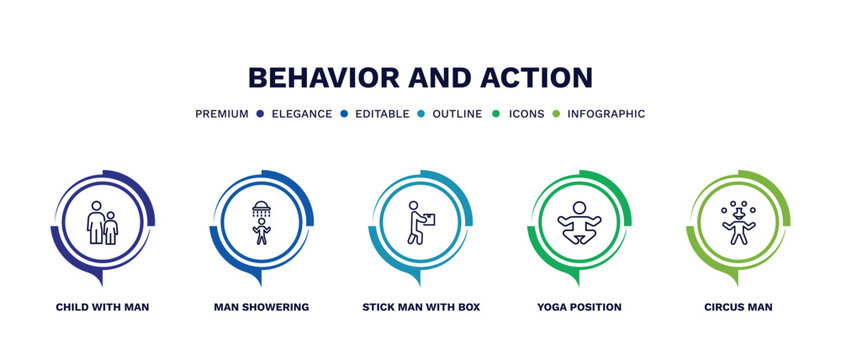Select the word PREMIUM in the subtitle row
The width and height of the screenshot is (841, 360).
pos(221,114)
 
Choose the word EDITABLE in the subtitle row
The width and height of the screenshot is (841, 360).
pos(380,114)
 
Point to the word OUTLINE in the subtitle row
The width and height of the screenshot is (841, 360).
pos(457,114)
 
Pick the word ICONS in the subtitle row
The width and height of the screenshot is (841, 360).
pos(526,114)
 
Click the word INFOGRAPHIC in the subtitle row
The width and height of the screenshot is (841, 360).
pos(606,114)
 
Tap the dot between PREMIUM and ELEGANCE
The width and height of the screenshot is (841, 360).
pos(259,114)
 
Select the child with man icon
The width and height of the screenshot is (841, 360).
pos(102,223)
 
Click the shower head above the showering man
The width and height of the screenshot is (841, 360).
pos(261,209)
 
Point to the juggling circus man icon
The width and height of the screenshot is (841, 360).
pos(738,223)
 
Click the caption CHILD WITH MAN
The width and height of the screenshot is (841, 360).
pos(102,307)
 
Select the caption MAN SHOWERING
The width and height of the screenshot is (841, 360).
pos(261,307)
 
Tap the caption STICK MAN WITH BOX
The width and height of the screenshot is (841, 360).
pos(421,307)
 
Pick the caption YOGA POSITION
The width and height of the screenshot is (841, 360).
pos(579,307)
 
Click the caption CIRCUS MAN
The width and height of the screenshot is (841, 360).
pos(738,307)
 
